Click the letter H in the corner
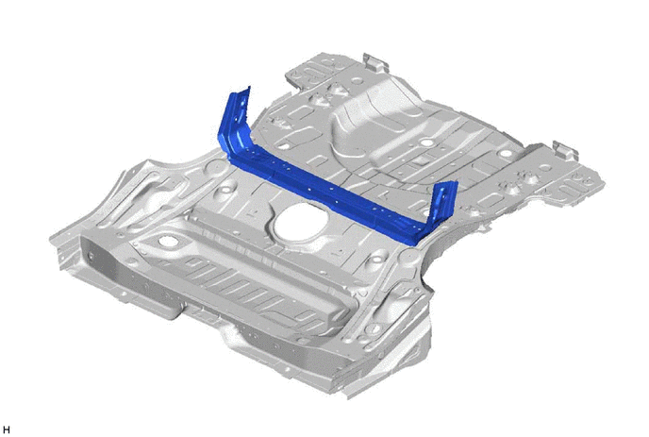click(7, 430)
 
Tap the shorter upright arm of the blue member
click(444, 203)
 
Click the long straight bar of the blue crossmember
click(327, 194)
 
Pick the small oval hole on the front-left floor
click(166, 241)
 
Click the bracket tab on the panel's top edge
click(374, 61)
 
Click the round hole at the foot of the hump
click(424, 143)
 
